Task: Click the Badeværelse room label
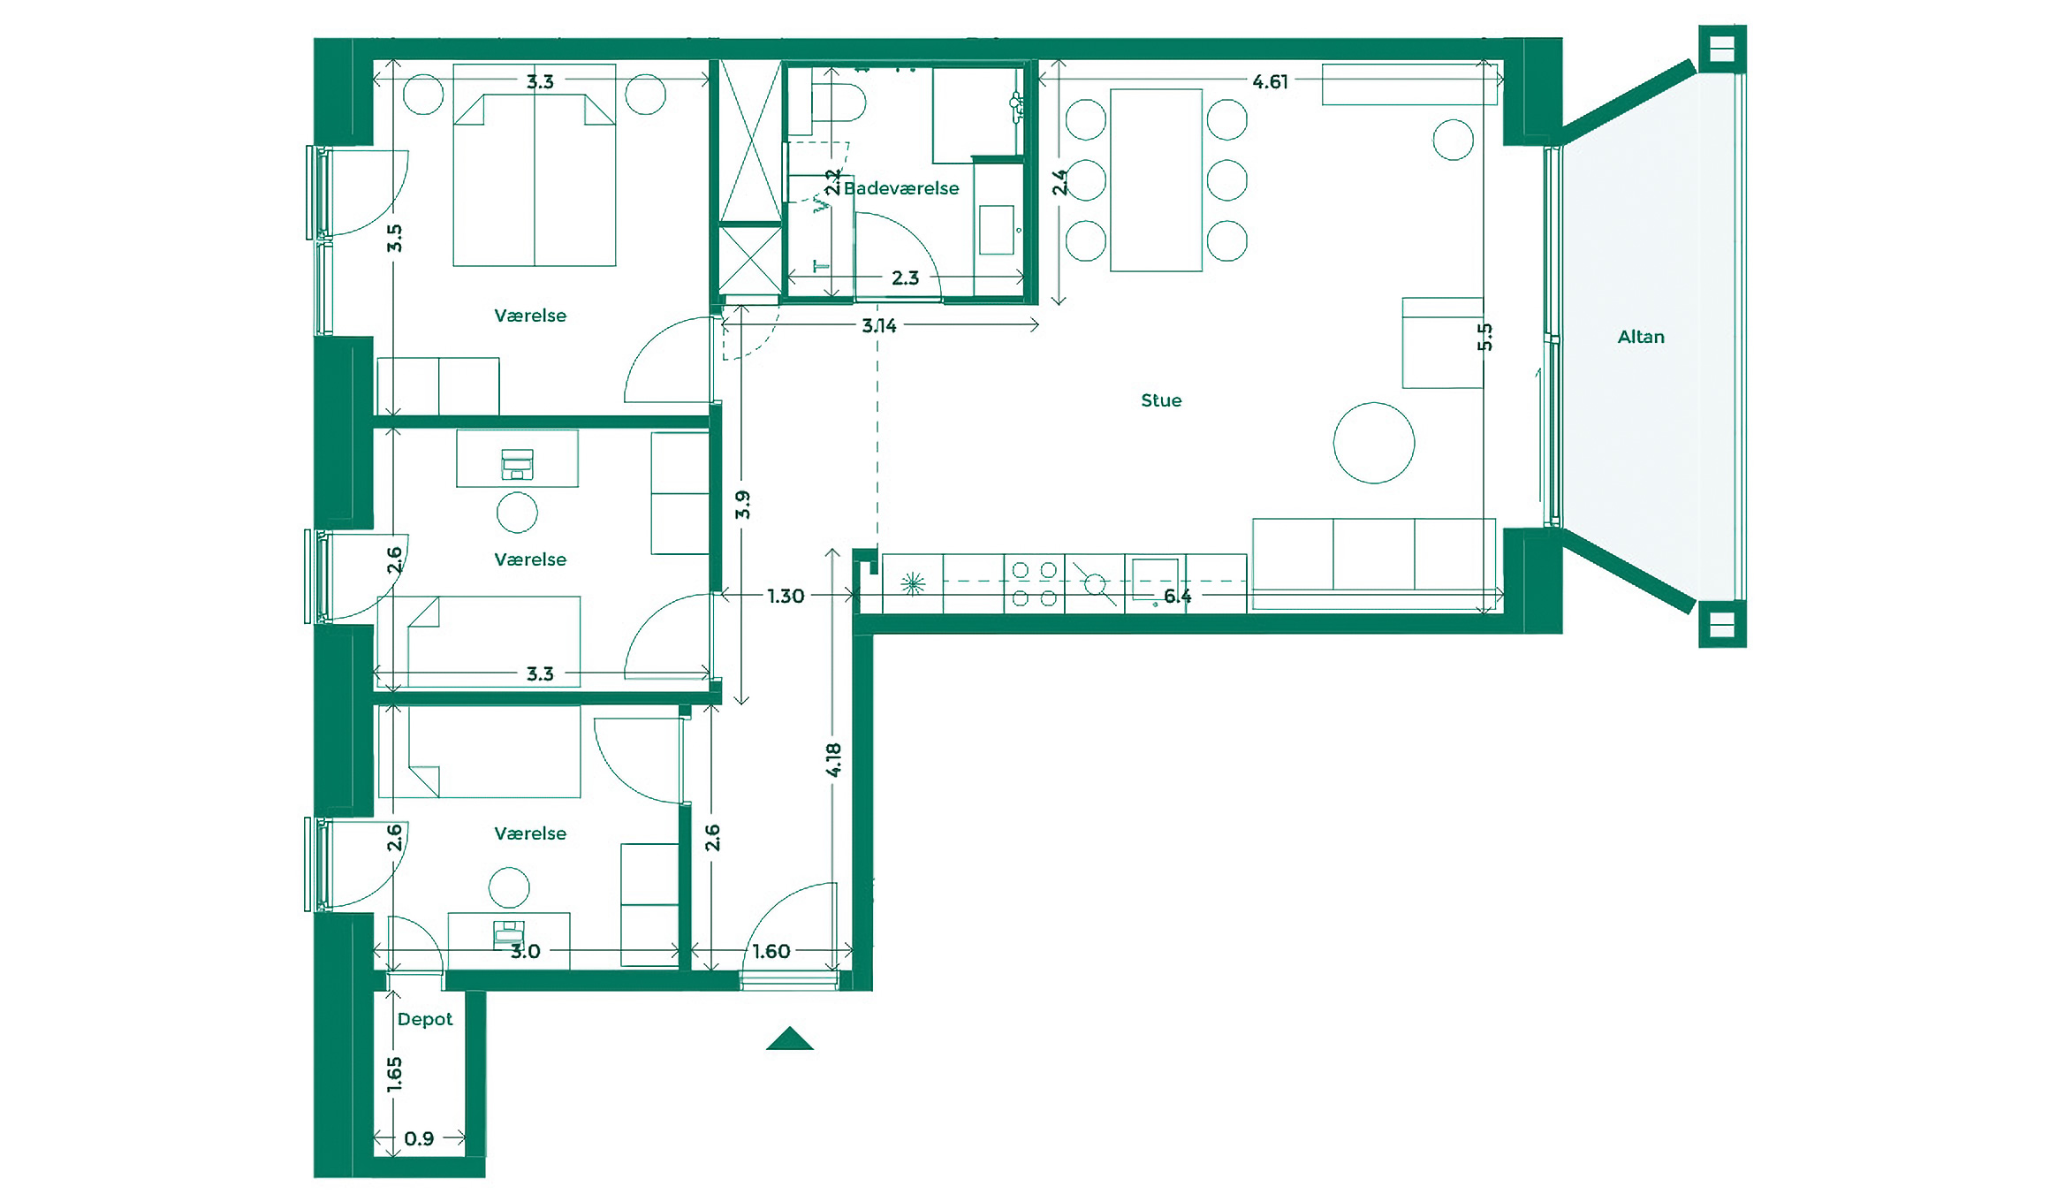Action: tap(900, 188)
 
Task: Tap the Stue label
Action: tap(1160, 400)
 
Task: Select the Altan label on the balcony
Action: tap(1640, 337)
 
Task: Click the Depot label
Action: tap(424, 1019)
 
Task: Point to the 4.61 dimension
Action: tap(1270, 81)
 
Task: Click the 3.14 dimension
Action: tap(878, 325)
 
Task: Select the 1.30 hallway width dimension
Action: tap(785, 596)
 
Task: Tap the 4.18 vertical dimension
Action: tap(833, 759)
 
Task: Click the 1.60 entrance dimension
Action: tap(771, 951)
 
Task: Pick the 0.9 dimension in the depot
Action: tap(418, 1138)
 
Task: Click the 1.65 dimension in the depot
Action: tap(394, 1074)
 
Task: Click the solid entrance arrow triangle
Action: tap(789, 1040)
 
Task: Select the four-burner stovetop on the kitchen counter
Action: tap(1034, 584)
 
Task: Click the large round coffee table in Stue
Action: tap(1373, 443)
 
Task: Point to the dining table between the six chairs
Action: tap(1156, 179)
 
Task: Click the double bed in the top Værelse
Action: tap(534, 181)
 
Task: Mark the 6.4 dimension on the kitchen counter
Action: tap(1177, 596)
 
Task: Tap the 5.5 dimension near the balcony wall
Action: tap(1484, 337)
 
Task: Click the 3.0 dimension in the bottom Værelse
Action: tap(525, 951)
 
